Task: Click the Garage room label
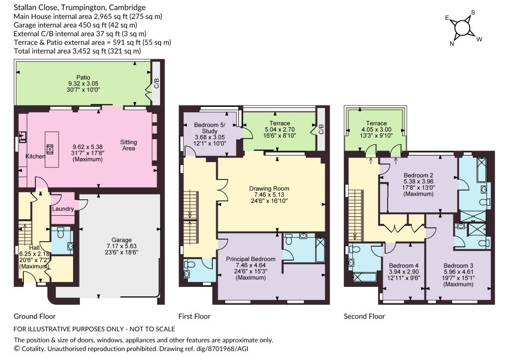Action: click(x=122, y=240)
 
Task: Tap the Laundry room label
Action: click(x=63, y=209)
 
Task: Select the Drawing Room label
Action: click(x=269, y=188)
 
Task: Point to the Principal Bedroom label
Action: click(x=251, y=259)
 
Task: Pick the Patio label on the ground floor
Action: click(x=83, y=77)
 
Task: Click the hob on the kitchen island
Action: click(x=50, y=149)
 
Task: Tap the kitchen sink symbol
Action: click(x=23, y=137)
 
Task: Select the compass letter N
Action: click(x=452, y=44)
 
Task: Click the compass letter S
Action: click(x=473, y=12)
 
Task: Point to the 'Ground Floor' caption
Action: click(x=35, y=316)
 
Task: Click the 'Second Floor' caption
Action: click(x=364, y=316)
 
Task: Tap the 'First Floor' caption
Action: click(x=194, y=316)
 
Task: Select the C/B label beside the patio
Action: click(x=157, y=84)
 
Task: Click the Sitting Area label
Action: click(x=129, y=145)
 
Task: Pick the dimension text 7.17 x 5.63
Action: click(x=122, y=246)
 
